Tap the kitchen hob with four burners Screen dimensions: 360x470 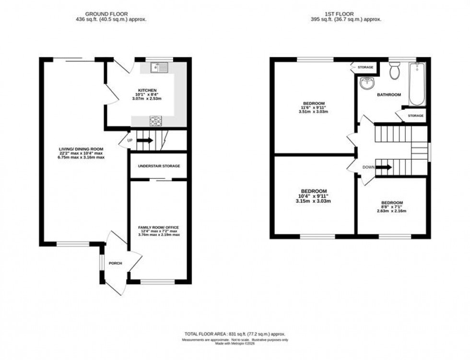pos(156,121)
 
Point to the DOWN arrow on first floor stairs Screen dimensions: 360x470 pos(384,167)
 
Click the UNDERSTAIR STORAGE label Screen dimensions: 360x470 pos(159,166)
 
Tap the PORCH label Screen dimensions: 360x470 pos(116,263)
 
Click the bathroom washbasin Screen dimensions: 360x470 pos(368,83)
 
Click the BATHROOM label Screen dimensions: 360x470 pos(388,95)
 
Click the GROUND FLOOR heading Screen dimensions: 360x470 pos(111,13)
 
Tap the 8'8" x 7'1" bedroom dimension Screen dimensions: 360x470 pos(392,207)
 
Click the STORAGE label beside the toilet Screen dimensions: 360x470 pos(365,68)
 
